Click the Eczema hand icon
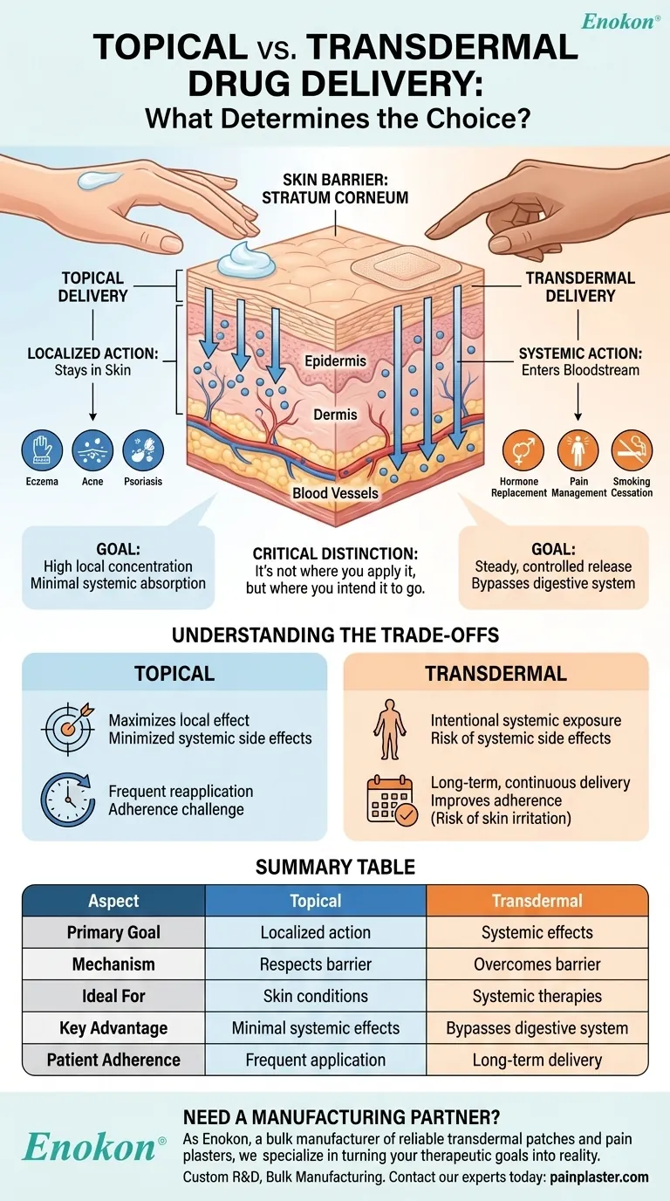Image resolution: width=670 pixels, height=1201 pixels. tap(42, 450)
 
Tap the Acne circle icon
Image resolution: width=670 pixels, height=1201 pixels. tap(93, 450)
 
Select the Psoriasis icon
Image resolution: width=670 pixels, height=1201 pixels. tap(144, 450)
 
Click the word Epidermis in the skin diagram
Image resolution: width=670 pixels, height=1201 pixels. tap(335, 360)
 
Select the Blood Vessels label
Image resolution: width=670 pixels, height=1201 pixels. tap(335, 493)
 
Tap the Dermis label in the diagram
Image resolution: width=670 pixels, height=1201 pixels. tap(335, 415)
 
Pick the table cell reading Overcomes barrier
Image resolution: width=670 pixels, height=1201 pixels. tap(537, 964)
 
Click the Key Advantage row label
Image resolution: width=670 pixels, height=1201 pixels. tap(113, 1028)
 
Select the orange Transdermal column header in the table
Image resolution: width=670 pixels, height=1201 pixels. tap(537, 901)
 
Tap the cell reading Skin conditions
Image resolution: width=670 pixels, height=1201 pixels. tap(316, 996)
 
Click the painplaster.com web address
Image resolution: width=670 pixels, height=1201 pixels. tap(598, 1177)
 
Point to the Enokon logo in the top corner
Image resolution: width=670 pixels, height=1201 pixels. tap(619, 22)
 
